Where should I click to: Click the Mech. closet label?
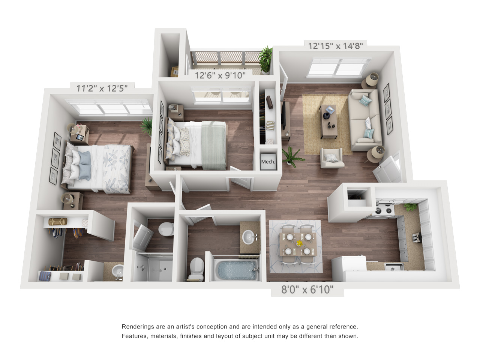(268, 162)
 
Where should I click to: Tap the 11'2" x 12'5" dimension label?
(102, 88)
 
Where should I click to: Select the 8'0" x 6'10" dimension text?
(307, 289)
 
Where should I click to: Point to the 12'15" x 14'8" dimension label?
(336, 46)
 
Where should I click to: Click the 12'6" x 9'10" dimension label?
(220, 75)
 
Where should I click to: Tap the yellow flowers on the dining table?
(299, 243)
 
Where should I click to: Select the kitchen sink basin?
(394, 267)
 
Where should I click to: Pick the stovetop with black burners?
(384, 210)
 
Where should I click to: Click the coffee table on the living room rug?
(328, 121)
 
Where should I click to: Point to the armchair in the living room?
(332, 158)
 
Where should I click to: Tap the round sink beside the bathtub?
(249, 237)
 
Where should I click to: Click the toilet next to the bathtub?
(196, 268)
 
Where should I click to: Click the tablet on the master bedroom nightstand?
(80, 138)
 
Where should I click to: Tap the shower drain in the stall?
(165, 269)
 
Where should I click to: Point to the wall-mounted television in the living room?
(283, 116)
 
